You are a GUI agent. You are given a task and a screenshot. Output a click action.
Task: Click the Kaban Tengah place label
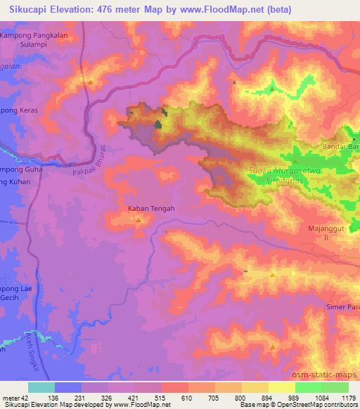150,208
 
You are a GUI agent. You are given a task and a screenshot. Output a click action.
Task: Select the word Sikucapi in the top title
30,10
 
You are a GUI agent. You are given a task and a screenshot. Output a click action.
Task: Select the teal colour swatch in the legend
41,387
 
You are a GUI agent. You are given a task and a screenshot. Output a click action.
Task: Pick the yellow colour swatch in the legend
282,387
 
